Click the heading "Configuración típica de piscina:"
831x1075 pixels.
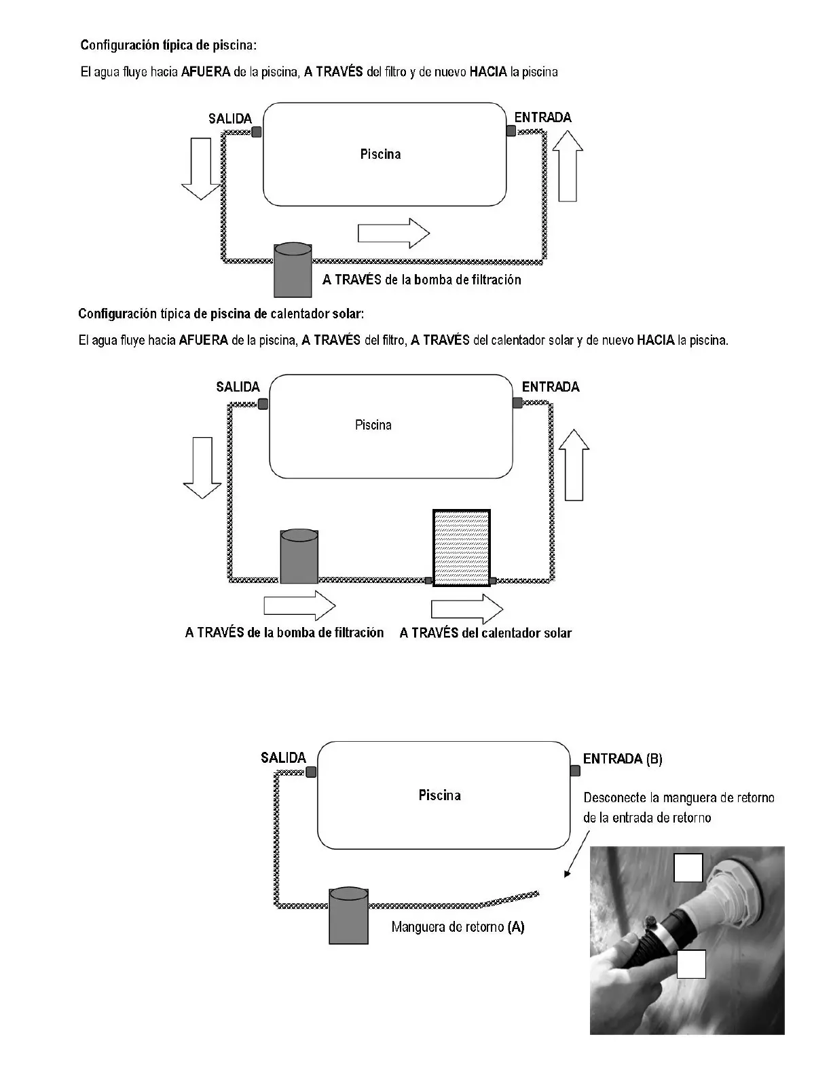[168, 45]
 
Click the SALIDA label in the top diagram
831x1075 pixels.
[229, 119]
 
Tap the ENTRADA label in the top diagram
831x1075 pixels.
[542, 117]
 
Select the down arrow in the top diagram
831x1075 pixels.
[201, 168]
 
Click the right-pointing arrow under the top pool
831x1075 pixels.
[393, 233]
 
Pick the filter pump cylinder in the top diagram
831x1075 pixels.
[293, 270]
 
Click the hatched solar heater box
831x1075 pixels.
[462, 548]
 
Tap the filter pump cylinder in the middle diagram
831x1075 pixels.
[299, 557]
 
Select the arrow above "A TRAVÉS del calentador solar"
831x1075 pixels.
[468, 608]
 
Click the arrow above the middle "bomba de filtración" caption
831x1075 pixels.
[299, 604]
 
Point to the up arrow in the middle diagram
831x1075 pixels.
[574, 465]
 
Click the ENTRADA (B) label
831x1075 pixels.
[623, 759]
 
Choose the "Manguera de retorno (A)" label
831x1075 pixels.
[458, 927]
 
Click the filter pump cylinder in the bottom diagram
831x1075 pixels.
[348, 916]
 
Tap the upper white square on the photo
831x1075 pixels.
[688, 867]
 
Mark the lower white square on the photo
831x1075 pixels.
[691, 964]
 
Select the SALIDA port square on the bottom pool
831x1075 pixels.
[311, 772]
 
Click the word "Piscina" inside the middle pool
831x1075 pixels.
[373, 425]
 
